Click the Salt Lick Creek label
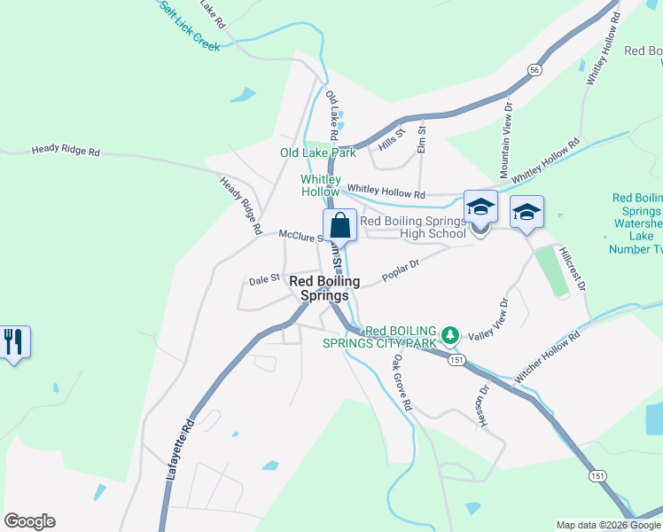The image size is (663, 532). [x=189, y=26]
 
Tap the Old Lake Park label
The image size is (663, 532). [x=317, y=153]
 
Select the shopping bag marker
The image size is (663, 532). [x=339, y=226]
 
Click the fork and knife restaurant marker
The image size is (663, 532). [x=13, y=341]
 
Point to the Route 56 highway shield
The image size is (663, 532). [x=534, y=69]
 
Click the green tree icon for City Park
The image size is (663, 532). [x=451, y=334]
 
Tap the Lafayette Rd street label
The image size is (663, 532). [x=180, y=451]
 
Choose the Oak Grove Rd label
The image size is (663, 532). [x=403, y=382]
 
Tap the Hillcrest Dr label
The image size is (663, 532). [x=573, y=269]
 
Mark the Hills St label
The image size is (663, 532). [x=391, y=137]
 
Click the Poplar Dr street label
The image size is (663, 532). [x=400, y=270]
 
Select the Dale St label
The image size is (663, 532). [x=264, y=279]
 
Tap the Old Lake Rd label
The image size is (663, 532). [x=332, y=116]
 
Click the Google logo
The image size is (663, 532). [x=30, y=520]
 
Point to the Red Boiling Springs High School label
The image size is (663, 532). [x=413, y=227]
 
